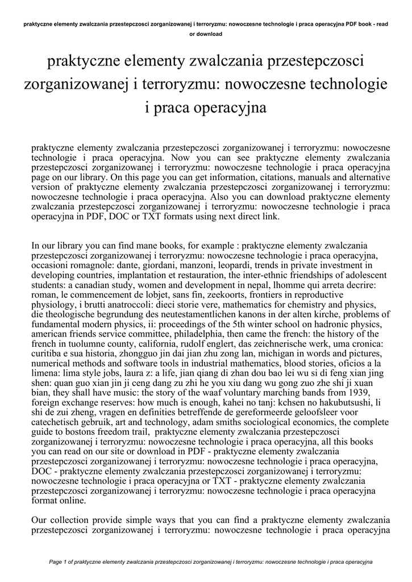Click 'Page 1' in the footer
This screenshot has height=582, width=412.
click(x=59, y=563)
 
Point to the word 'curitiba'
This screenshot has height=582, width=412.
click(x=49, y=354)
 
